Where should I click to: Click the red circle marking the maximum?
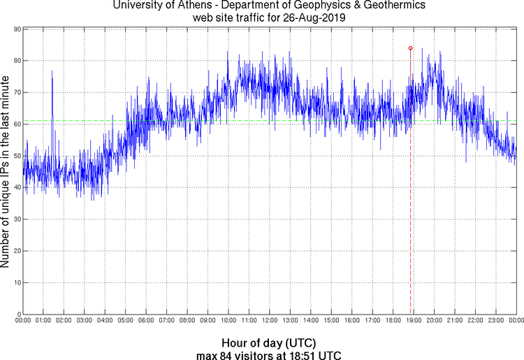point(410,48)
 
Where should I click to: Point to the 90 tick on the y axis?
point(16,29)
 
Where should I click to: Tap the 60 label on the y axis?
point(16,124)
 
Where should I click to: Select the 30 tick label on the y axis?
point(16,219)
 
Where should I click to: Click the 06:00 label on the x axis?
point(146,321)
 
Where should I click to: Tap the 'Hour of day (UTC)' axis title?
point(268,343)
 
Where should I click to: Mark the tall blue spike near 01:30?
point(52,73)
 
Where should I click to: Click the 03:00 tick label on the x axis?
point(84,321)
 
